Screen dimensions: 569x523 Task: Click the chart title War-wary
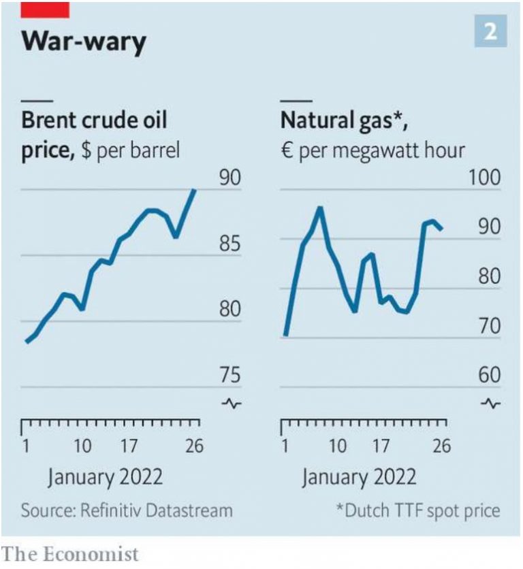(x=84, y=42)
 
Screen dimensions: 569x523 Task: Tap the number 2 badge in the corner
(x=490, y=33)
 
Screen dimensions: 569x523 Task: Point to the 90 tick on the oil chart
(x=230, y=178)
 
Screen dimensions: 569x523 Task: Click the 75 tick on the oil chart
(x=230, y=375)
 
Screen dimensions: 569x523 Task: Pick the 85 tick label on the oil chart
(x=230, y=243)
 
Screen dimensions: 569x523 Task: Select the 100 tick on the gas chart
(x=484, y=178)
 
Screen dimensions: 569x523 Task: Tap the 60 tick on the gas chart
(x=488, y=375)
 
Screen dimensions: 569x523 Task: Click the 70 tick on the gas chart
(x=488, y=326)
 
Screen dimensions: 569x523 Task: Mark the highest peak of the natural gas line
(x=319, y=209)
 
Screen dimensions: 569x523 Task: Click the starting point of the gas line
(x=286, y=335)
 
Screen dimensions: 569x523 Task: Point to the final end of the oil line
(x=195, y=190)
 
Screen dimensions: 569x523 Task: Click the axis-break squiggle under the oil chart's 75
(x=232, y=404)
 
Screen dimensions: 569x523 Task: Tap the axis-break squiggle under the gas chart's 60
(x=490, y=404)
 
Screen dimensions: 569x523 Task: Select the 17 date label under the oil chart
(x=128, y=446)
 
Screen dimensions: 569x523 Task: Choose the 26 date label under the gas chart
(x=442, y=446)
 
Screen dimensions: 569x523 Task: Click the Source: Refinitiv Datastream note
(x=126, y=510)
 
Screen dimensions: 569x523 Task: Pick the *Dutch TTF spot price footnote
(x=418, y=510)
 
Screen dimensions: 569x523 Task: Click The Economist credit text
(x=71, y=553)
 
